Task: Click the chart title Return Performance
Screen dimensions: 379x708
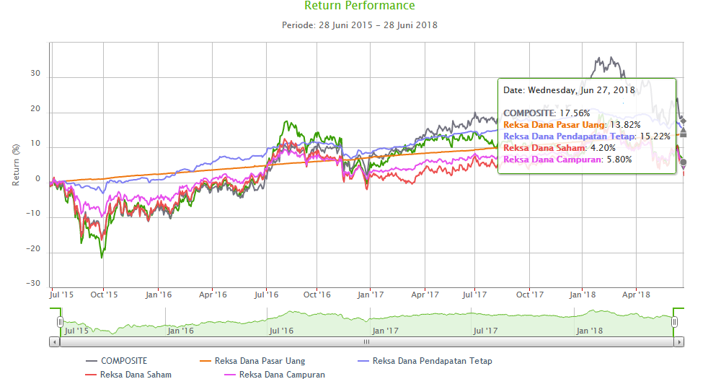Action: point(359,6)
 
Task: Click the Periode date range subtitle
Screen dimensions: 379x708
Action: point(359,25)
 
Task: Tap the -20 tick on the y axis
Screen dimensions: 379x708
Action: point(33,251)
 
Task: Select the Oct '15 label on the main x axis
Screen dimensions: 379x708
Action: point(105,295)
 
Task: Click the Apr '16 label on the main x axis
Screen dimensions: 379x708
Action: point(213,295)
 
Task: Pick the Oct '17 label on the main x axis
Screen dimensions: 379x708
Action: point(530,295)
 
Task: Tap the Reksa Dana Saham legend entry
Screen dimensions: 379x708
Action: point(136,374)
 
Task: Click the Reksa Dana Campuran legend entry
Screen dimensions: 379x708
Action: point(282,374)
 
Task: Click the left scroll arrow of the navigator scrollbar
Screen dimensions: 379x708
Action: point(55,341)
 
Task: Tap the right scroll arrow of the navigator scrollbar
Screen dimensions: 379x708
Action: point(678,341)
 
